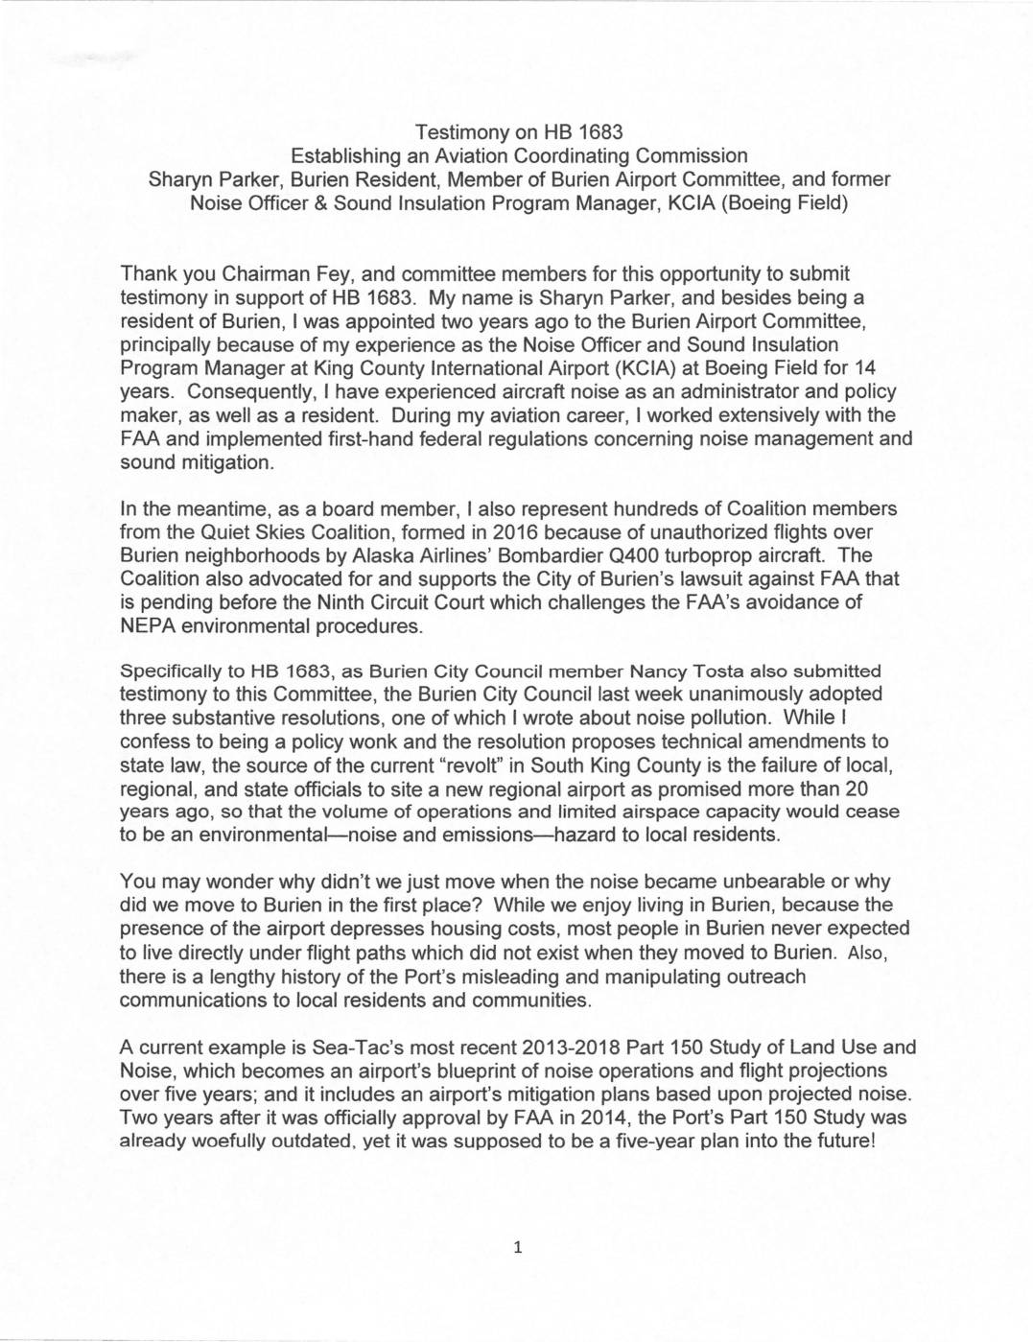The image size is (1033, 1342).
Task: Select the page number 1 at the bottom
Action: tap(517, 1247)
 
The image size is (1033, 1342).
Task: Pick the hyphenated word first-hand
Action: tap(438, 438)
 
